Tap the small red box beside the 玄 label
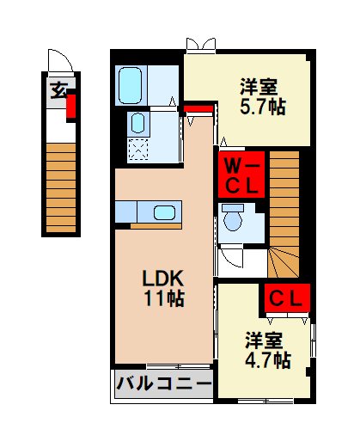pos(71,107)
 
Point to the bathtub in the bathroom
pos(131,85)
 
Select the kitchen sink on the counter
pos(163,212)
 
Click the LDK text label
pos(163,279)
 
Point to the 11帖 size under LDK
pos(163,299)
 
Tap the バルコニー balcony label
pos(163,383)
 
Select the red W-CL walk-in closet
pos(238,175)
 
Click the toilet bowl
pos(233,221)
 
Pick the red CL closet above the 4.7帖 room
pos(286,298)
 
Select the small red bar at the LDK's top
pos(198,107)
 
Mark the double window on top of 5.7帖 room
pos(200,44)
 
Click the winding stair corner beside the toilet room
pos(284,260)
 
